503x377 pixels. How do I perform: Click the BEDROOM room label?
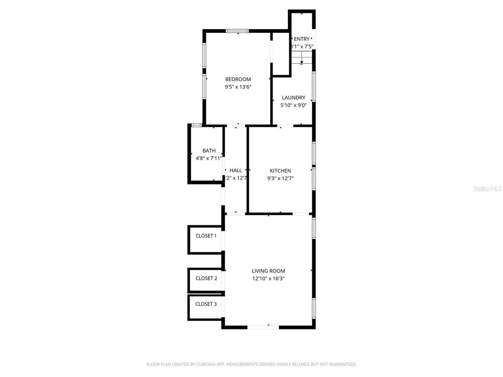238,80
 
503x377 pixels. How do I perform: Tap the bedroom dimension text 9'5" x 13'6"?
238,87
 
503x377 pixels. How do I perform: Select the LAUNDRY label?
293,98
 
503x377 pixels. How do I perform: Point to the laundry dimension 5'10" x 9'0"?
293,105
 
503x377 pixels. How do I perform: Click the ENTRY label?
302,39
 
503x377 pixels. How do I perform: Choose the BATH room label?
209,151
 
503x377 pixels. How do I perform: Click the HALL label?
235,170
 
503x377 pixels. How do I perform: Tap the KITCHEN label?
280,171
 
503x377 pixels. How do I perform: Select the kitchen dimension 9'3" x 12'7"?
280,178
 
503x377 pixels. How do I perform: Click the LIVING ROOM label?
268,271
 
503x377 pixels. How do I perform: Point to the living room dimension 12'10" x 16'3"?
268,278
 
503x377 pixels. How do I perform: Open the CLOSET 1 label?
206,236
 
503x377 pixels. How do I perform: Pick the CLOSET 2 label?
206,278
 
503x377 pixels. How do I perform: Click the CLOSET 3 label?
206,304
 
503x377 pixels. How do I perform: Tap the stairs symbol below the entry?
301,59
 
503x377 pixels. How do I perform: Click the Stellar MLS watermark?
487,188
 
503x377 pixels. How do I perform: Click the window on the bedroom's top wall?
238,31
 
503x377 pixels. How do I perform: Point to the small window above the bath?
196,125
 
